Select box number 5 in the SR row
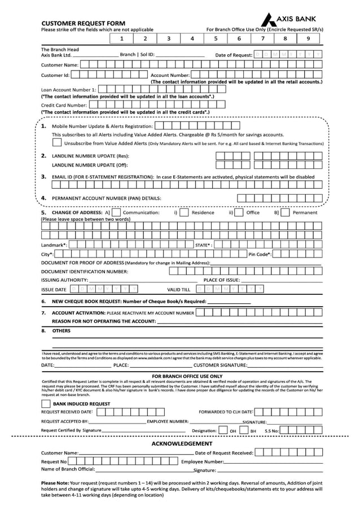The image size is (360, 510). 216,39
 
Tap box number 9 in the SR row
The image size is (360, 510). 308,39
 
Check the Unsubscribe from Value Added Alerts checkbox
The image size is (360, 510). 57,143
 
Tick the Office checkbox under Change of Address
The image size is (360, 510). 239,213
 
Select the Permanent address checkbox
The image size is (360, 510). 285,213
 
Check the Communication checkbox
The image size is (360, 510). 116,213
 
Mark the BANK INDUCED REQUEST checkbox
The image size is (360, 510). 46,404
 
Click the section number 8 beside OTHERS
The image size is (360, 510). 43,330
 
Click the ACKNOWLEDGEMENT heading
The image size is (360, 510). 182,443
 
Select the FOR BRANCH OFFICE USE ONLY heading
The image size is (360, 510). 187,376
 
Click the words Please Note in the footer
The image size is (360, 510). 55,483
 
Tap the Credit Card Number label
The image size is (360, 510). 64,105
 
